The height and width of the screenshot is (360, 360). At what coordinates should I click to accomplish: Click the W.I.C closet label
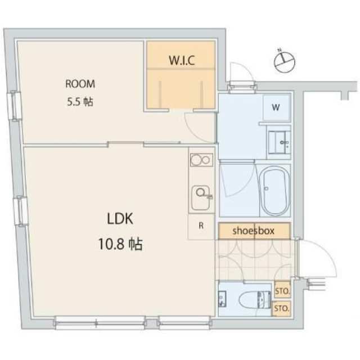click(x=182, y=60)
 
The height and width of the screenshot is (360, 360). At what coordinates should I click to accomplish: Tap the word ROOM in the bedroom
click(x=80, y=84)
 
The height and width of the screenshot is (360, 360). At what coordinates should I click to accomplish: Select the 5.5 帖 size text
click(x=80, y=102)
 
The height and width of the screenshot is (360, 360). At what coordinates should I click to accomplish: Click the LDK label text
click(x=120, y=219)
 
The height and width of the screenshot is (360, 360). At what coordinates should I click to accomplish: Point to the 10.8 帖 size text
click(x=120, y=244)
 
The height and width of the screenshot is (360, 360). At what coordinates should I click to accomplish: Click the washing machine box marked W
click(x=276, y=107)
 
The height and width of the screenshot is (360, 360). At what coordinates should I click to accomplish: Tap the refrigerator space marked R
click(x=201, y=226)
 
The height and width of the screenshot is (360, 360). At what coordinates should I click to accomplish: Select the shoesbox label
click(x=254, y=231)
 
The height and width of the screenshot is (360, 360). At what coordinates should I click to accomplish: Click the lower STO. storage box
click(x=282, y=308)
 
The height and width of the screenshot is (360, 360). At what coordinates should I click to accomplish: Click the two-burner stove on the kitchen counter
click(x=201, y=160)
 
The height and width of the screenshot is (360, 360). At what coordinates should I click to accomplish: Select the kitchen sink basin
click(x=201, y=198)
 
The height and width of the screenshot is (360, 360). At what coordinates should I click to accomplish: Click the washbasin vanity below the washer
click(x=280, y=142)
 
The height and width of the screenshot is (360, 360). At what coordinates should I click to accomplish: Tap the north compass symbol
click(x=285, y=61)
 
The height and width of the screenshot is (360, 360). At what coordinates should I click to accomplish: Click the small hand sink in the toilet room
click(x=222, y=299)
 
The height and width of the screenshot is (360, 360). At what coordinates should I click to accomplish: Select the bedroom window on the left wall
click(x=15, y=106)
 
